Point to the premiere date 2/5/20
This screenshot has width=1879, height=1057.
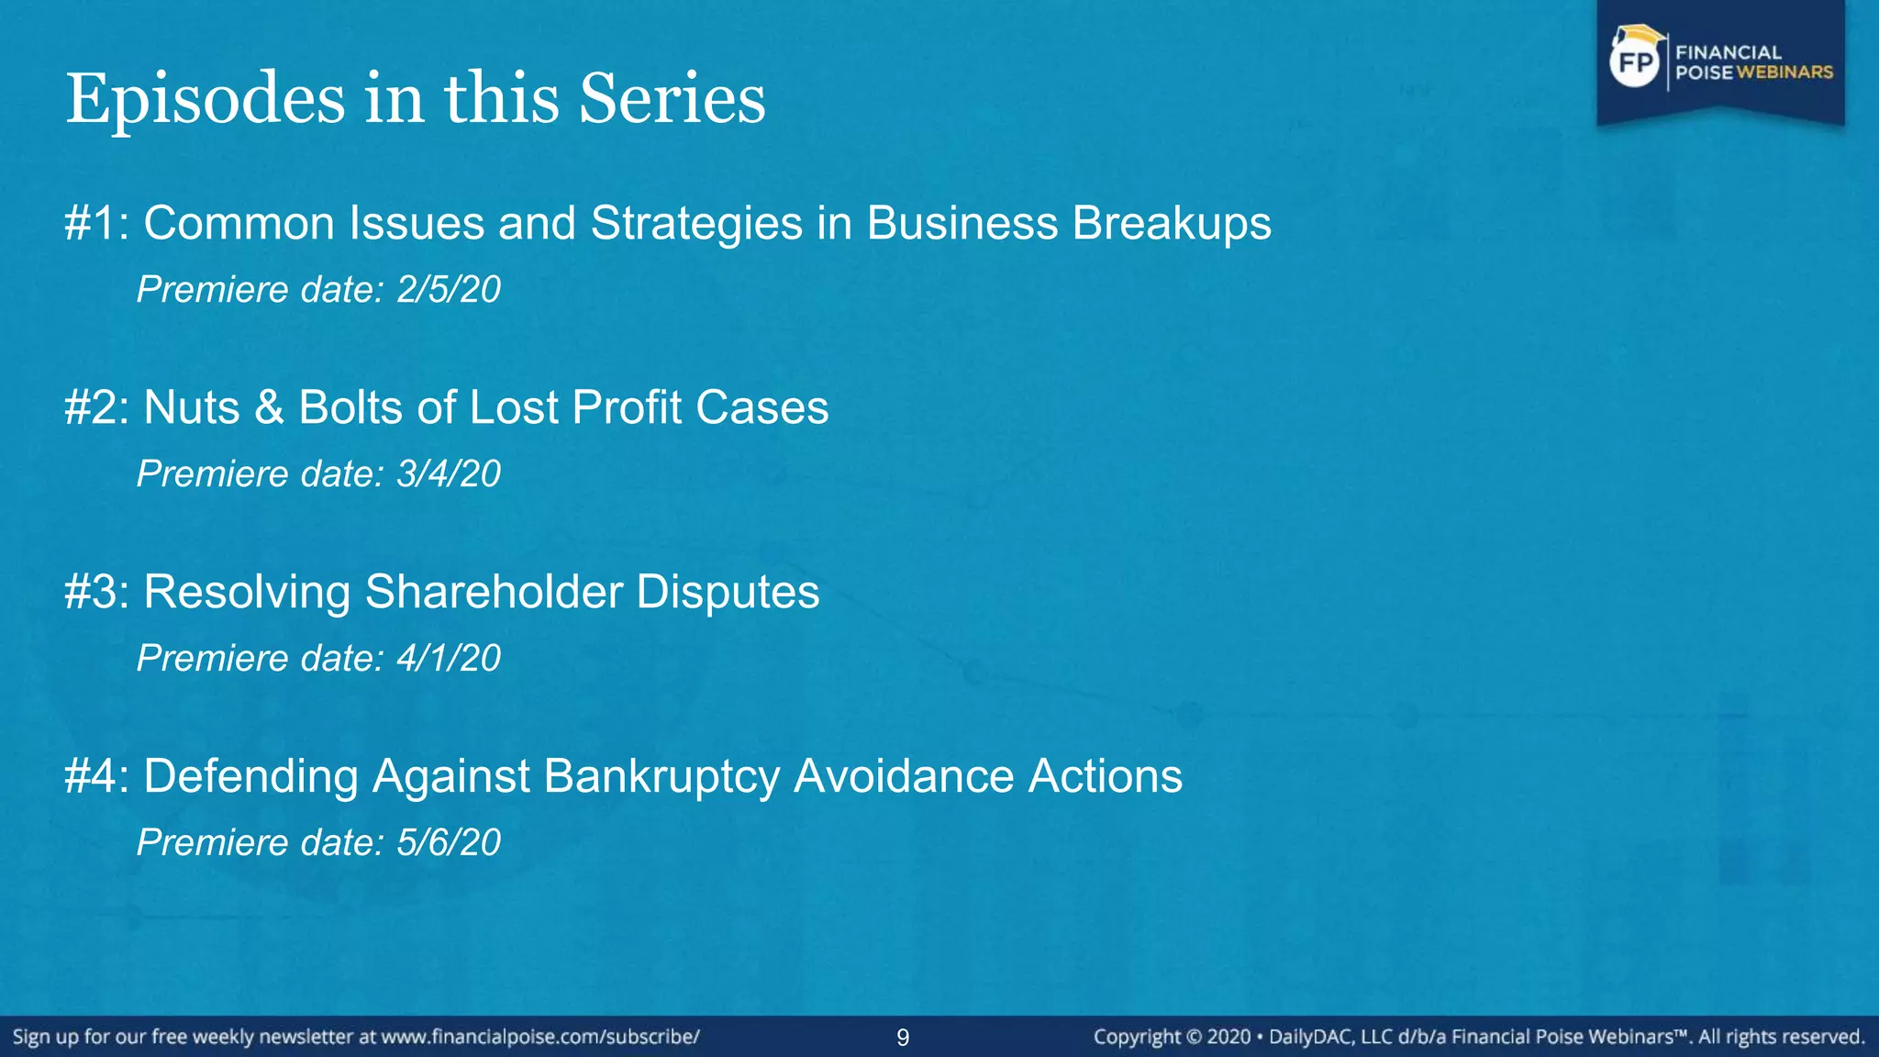449,290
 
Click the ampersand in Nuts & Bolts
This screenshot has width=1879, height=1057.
269,407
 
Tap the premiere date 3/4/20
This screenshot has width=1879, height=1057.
449,474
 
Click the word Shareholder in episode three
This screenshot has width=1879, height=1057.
494,592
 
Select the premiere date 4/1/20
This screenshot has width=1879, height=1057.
449,659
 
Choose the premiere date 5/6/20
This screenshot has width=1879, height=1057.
449,843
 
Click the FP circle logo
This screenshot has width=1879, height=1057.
1636,62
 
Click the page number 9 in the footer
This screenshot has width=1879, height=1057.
903,1038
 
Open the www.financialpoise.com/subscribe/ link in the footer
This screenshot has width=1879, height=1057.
540,1037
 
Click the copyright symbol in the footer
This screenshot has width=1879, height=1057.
1194,1037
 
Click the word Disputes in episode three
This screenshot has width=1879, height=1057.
728,592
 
